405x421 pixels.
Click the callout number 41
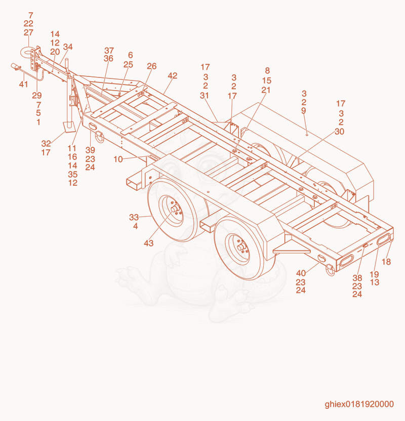[23, 84]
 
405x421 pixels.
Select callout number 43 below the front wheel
[148, 243]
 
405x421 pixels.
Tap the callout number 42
[173, 76]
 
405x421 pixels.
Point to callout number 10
[118, 159]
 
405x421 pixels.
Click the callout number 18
[386, 262]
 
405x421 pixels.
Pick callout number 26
[151, 66]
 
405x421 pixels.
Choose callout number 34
[68, 47]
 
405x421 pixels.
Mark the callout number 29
[37, 95]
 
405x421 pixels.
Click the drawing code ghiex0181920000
[359, 404]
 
